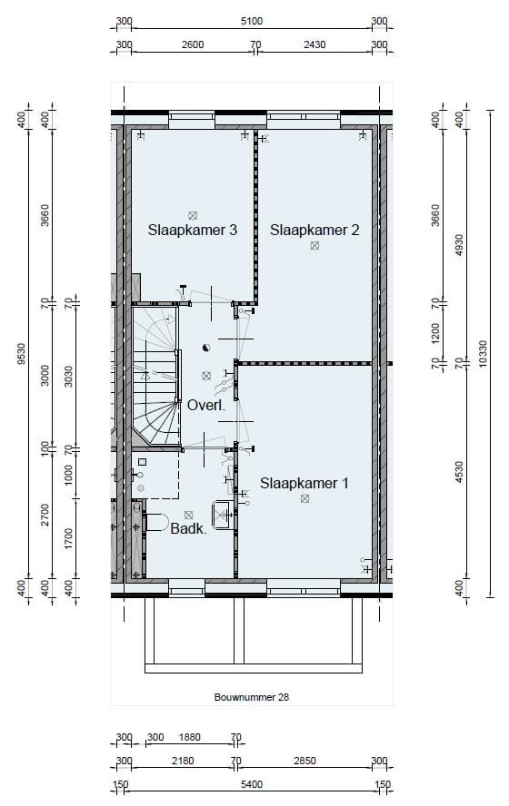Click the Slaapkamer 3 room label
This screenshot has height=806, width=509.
[193, 231]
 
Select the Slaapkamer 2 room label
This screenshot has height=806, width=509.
[314, 231]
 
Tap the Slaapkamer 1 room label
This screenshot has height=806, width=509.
[304, 483]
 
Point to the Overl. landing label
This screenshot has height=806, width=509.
[206, 406]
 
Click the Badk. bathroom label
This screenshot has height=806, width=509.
[188, 528]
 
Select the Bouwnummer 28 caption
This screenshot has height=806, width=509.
[251, 697]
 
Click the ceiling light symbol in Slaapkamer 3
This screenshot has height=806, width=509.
[193, 215]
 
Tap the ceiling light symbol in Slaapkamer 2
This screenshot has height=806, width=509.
[314, 245]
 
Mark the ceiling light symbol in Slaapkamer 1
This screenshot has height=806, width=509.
[304, 498]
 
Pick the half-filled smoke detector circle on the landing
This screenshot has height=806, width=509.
[206, 347]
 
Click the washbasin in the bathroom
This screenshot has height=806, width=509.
[222, 515]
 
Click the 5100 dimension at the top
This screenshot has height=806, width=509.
[252, 22]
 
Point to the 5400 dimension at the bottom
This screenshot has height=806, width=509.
[252, 785]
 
